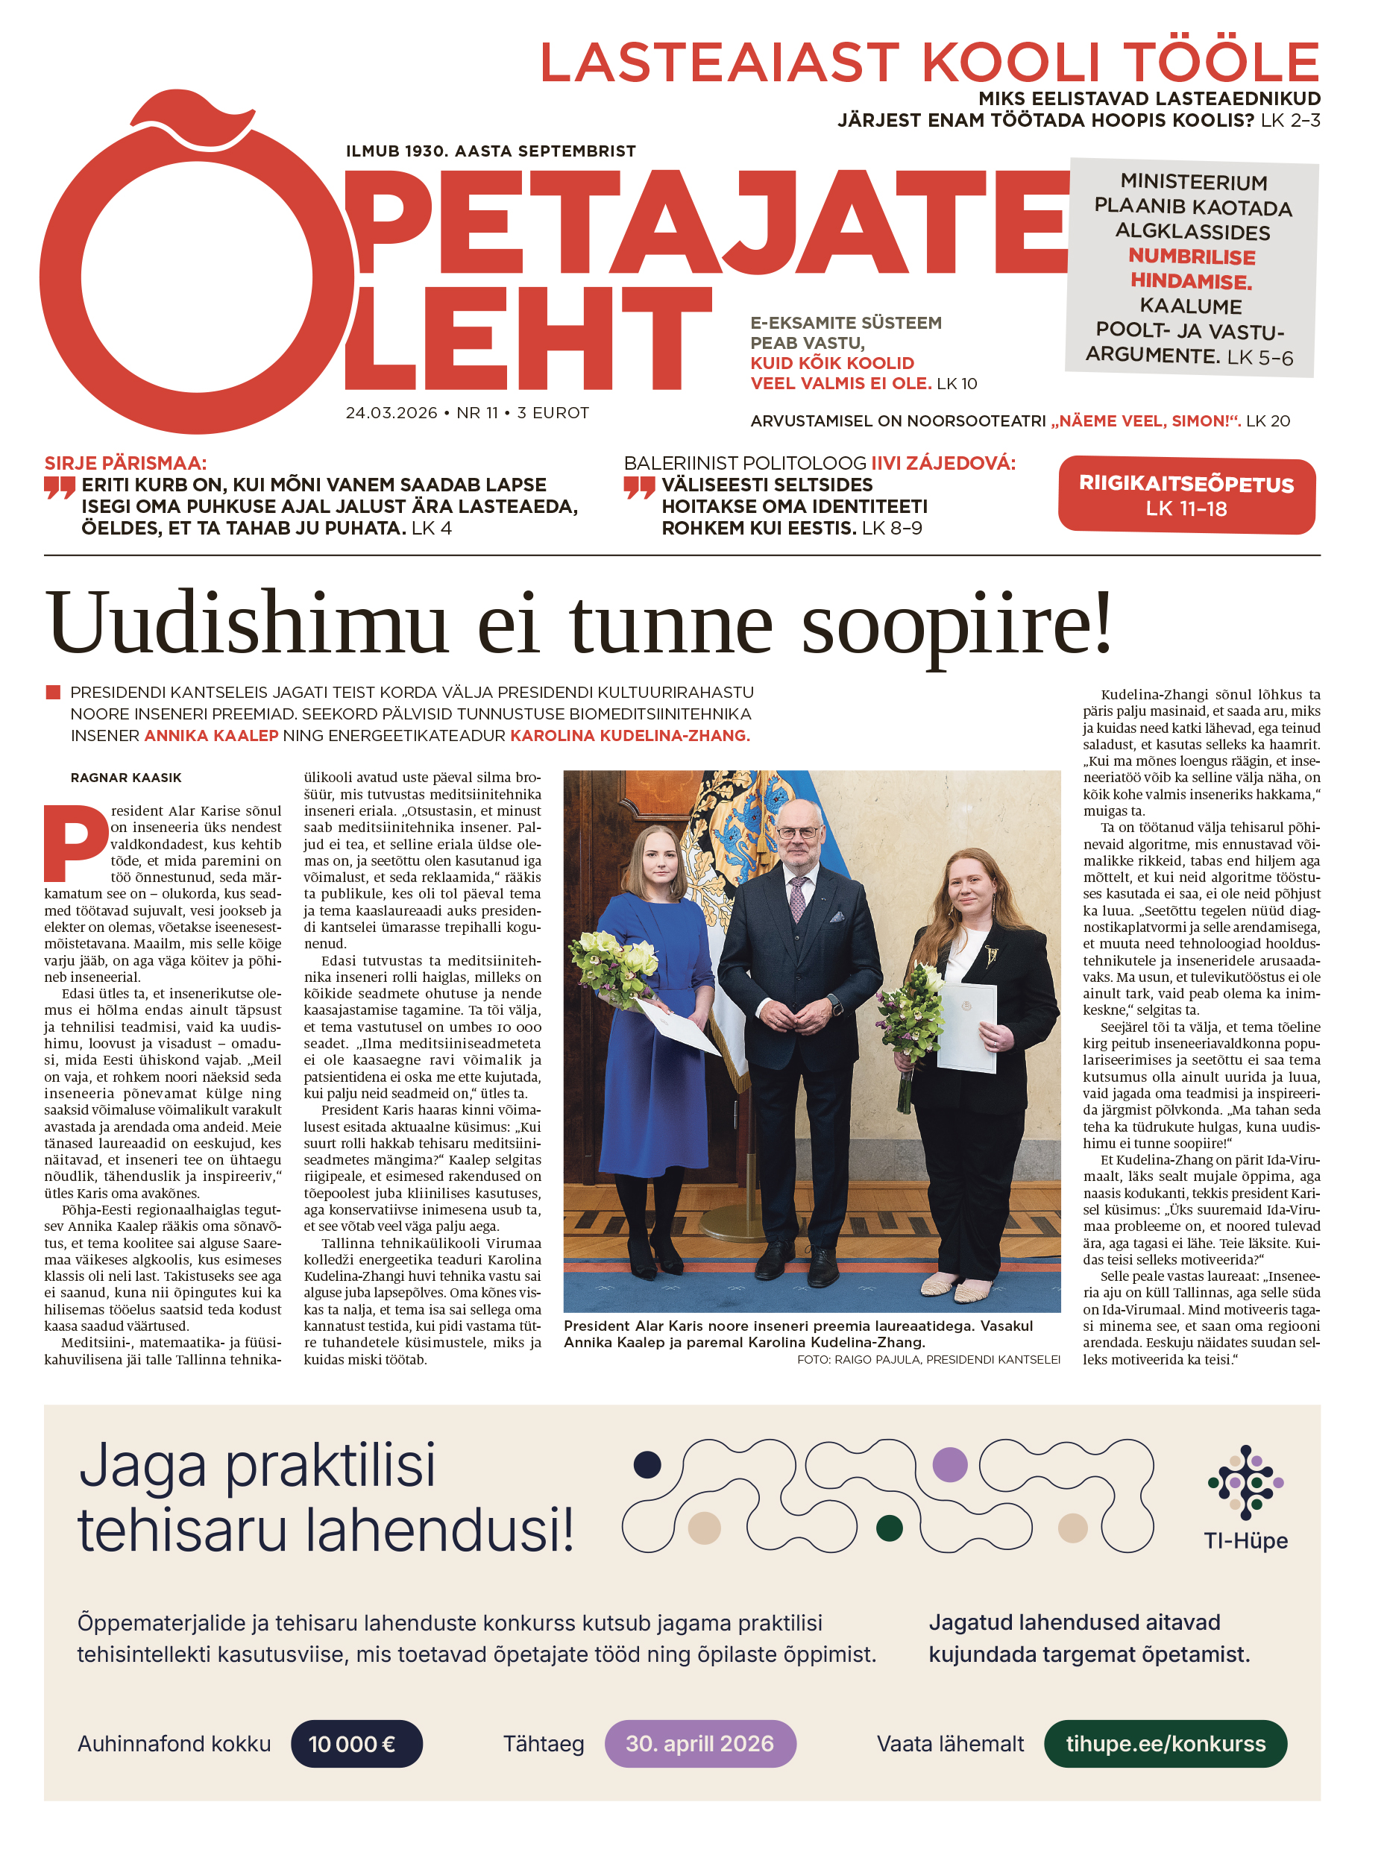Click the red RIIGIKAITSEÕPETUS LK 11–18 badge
point(1186,495)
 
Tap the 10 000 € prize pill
point(356,1743)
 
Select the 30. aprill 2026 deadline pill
point(699,1743)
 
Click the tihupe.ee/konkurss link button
point(1165,1743)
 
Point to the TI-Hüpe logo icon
point(1245,1483)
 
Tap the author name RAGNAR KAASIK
point(125,778)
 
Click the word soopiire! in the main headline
point(957,623)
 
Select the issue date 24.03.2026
point(391,413)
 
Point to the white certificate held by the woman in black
point(966,1027)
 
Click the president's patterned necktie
point(798,898)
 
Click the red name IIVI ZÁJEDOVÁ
point(943,463)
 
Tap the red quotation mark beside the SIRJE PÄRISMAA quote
point(60,488)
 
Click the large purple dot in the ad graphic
point(949,1464)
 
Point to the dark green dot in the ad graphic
point(889,1528)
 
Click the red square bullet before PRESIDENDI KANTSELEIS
point(53,692)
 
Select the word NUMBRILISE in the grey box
point(1192,256)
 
